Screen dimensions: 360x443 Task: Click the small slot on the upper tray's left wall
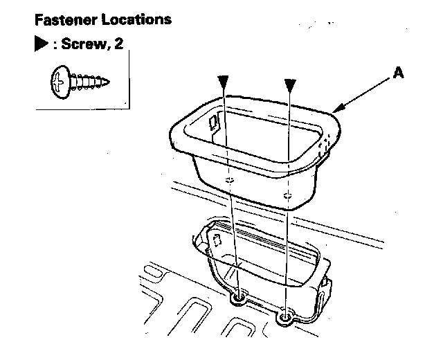click(x=214, y=124)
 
